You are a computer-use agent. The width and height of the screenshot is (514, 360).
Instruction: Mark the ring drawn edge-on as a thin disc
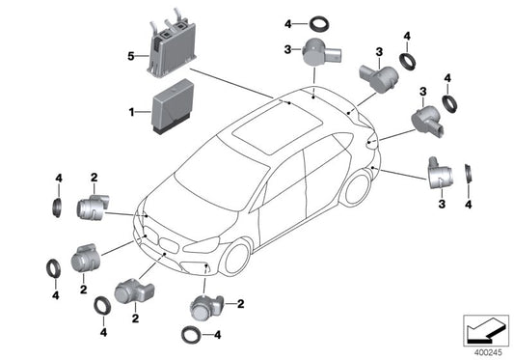469,175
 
